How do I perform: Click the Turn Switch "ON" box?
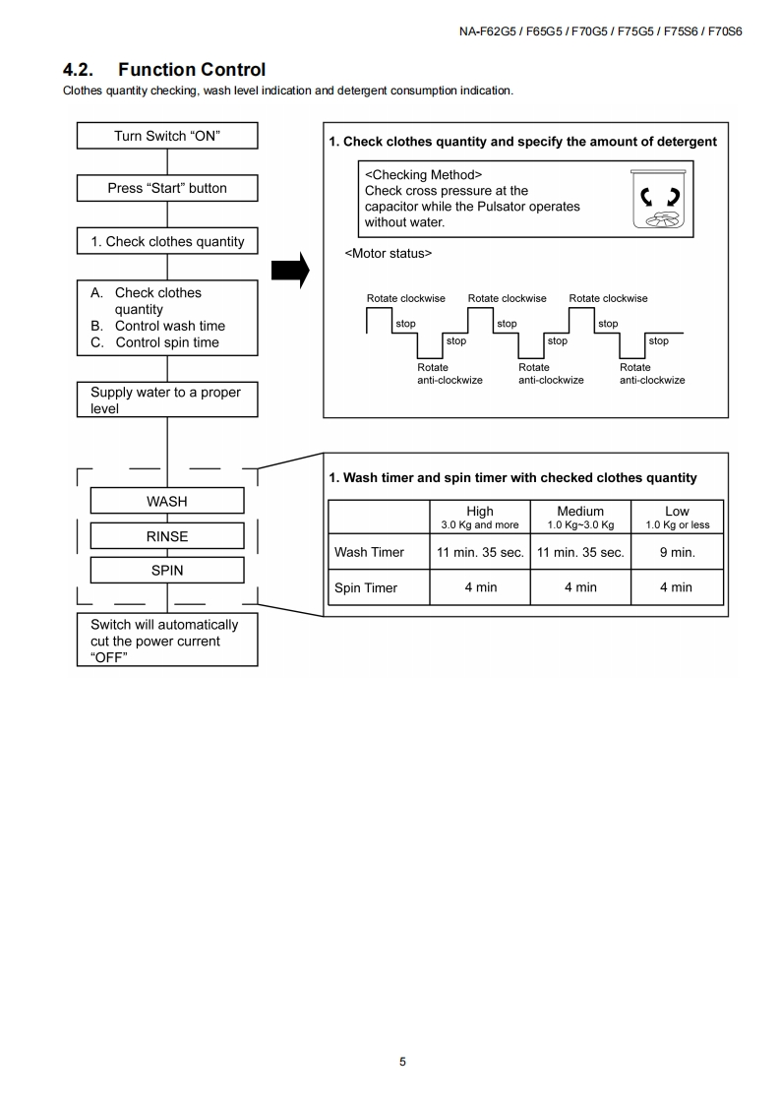[x=167, y=136]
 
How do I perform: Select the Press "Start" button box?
[x=167, y=188]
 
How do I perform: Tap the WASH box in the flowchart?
[x=167, y=501]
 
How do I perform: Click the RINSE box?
[x=167, y=536]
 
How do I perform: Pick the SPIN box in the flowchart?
[x=167, y=570]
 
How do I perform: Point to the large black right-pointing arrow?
[x=290, y=268]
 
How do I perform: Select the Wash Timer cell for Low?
[x=677, y=552]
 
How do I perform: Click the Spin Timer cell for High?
[x=480, y=587]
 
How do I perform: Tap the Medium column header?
[x=580, y=517]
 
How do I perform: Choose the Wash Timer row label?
[x=369, y=552]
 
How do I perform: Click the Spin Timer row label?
[x=366, y=587]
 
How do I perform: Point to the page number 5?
[x=402, y=1062]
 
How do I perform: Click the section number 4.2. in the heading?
[x=81, y=70]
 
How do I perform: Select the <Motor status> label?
[x=389, y=254]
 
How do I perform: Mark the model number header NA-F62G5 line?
[x=600, y=31]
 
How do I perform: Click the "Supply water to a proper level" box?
[x=167, y=399]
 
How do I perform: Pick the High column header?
[x=480, y=517]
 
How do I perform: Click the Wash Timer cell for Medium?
[x=580, y=552]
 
